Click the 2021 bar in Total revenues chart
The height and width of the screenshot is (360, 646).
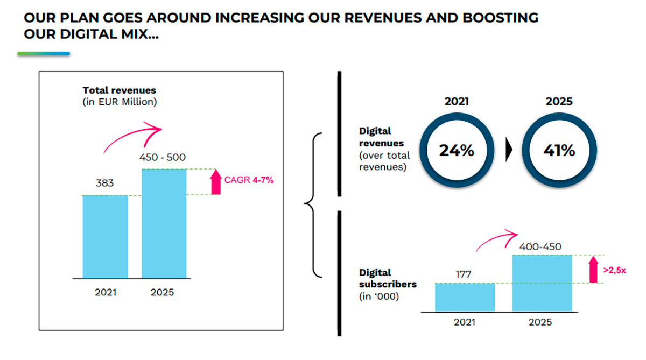pyautogui.click(x=105, y=236)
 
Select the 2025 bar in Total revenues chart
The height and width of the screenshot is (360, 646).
pyautogui.click(x=164, y=223)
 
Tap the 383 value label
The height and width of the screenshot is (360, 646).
pyautogui.click(x=105, y=183)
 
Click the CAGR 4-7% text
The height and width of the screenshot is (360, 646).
pyautogui.click(x=250, y=181)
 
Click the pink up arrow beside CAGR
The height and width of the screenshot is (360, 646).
pyautogui.click(x=215, y=181)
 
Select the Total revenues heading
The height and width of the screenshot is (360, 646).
pyautogui.click(x=119, y=90)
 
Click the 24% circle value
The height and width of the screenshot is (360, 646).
pyautogui.click(x=457, y=151)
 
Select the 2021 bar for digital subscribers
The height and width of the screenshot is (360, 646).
pyautogui.click(x=465, y=297)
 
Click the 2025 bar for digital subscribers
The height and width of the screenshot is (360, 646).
pyautogui.click(x=542, y=283)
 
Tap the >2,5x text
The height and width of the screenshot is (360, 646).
pyautogui.click(x=614, y=270)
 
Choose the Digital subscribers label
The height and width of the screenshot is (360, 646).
pyautogui.click(x=388, y=278)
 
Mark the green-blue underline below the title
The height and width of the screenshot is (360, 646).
pyautogui.click(x=44, y=54)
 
